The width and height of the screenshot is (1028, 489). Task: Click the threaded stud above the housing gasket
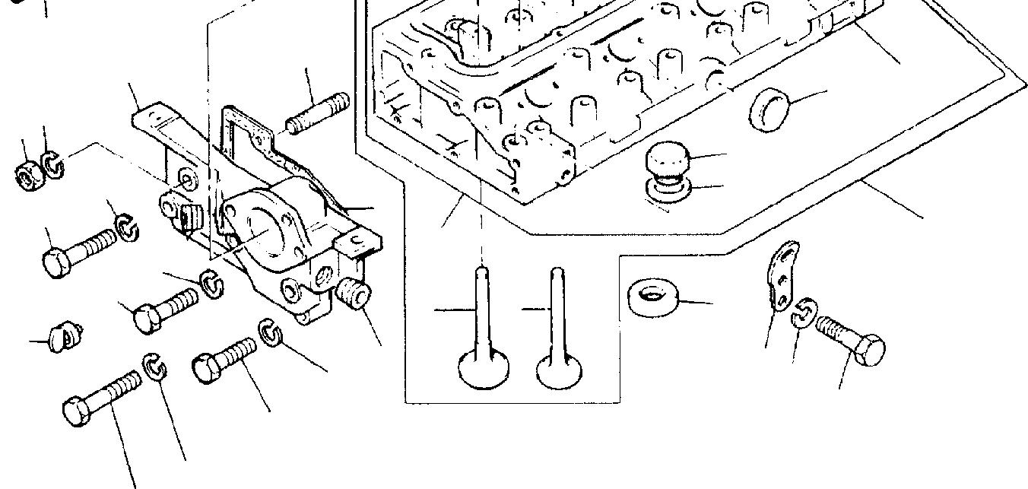coord(318,112)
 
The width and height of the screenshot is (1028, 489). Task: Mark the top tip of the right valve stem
coord(557,272)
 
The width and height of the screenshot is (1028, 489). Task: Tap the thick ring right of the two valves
coord(652,297)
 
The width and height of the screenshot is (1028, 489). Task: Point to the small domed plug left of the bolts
coord(66,335)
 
